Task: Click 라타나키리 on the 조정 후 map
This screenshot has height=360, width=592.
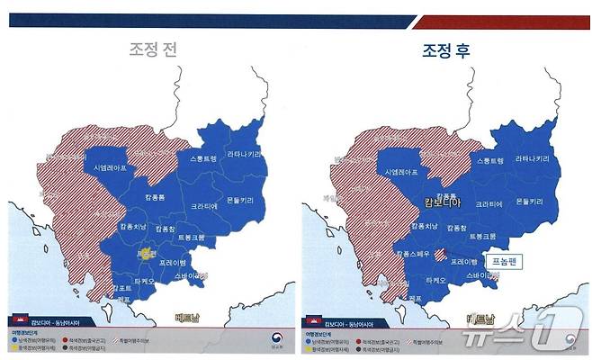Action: pyautogui.click(x=533, y=158)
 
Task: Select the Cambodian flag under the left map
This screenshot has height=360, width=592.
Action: pyautogui.click(x=16, y=321)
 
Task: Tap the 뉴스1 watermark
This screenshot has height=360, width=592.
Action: pyautogui.click(x=519, y=335)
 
